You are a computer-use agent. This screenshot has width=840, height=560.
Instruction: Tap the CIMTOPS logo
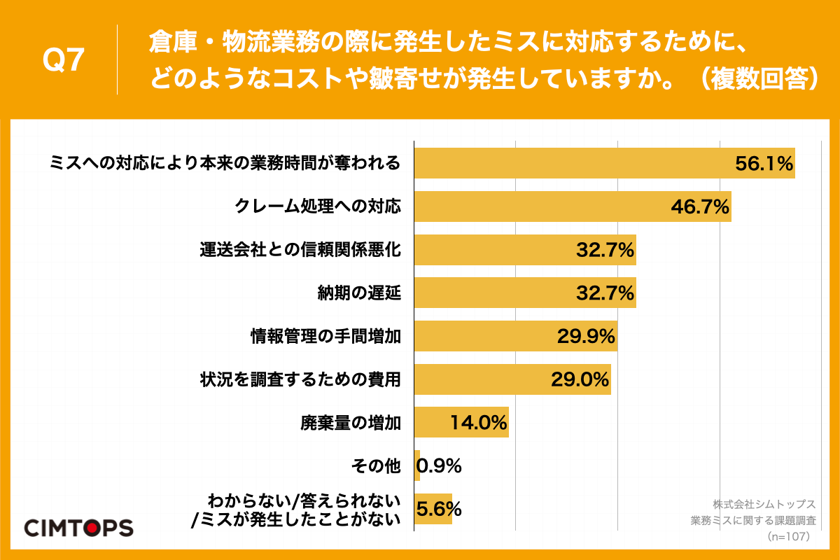pos(79,527)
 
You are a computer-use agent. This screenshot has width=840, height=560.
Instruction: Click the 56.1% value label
pos(763,164)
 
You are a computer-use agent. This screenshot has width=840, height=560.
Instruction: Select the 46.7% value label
pos(700,206)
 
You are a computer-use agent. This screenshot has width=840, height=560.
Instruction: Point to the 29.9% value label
pos(586,337)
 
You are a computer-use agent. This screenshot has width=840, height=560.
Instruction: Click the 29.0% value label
pos(580,379)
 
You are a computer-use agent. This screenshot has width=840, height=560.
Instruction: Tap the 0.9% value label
pos(439,465)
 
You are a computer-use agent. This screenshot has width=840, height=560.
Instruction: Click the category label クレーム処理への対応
pos(318,206)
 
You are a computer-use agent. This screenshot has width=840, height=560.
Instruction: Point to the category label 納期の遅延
pos(359,293)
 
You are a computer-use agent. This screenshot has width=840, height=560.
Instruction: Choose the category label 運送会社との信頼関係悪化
pos(300,250)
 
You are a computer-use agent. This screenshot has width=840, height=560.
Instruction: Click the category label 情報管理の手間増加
pos(325,337)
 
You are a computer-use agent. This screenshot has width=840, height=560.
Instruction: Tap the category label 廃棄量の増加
pos(351,423)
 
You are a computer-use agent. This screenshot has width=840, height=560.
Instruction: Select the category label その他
pos(377,465)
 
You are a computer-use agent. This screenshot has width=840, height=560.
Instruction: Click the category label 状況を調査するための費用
pos(300,379)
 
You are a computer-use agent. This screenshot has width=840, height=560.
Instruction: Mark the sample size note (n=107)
pos(789,536)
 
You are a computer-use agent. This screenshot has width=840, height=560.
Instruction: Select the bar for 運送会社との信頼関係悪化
pos(525,250)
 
